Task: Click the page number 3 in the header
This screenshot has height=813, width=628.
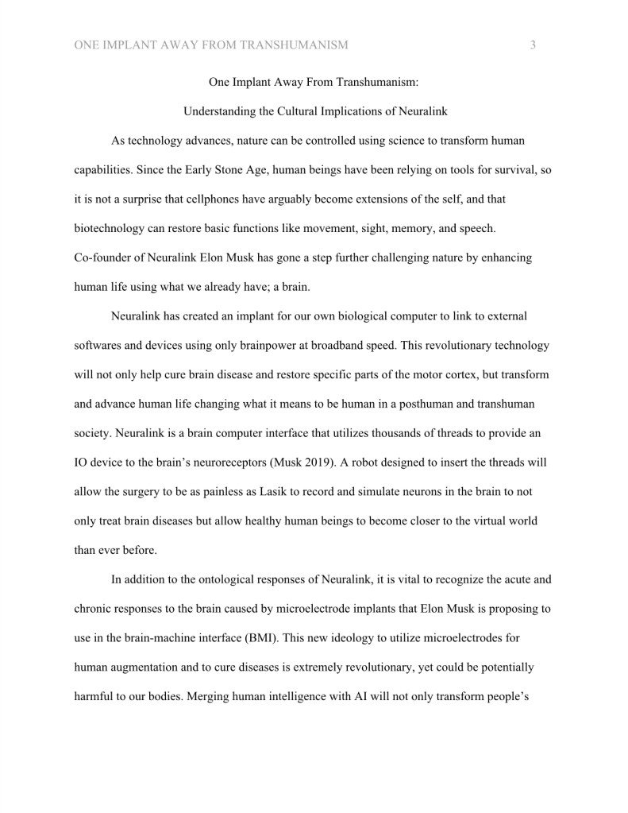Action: pos(533,45)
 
